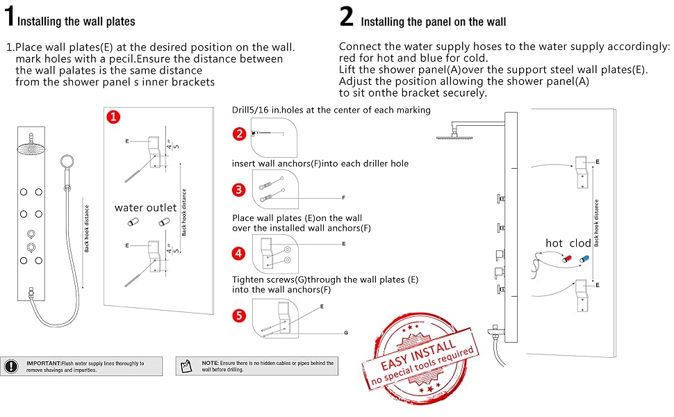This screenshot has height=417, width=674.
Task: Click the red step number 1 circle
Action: click(113, 117)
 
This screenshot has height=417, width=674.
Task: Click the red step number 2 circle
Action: click(240, 133)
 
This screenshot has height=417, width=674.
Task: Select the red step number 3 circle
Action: click(240, 190)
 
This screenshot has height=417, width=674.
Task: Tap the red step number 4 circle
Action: click(240, 254)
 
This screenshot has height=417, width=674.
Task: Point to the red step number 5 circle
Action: click(240, 316)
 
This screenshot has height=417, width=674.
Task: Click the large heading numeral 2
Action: click(347, 17)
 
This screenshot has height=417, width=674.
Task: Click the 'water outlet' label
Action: click(146, 207)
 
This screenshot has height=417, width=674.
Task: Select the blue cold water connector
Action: click(583, 258)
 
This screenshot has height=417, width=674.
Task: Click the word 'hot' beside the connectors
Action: click(554, 243)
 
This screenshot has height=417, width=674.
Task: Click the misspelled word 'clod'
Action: click(580, 243)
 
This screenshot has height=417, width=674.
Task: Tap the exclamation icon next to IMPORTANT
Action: click(11, 366)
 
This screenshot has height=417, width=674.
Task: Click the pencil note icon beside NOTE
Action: click(185, 366)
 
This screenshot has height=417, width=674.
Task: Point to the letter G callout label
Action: click(345, 333)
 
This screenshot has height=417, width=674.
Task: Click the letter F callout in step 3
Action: click(343, 198)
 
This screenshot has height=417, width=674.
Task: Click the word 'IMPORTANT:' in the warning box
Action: click(43, 363)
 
